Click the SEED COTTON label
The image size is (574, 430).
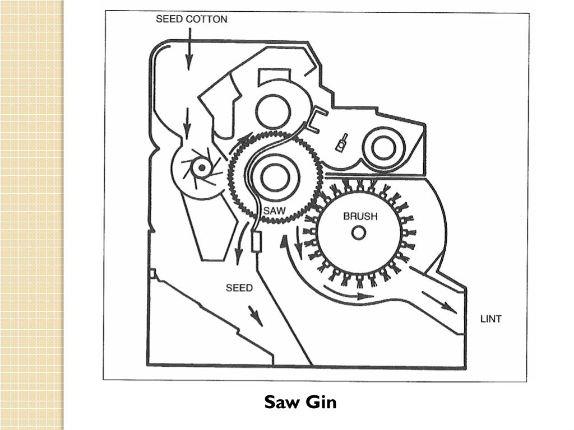coord(191,19)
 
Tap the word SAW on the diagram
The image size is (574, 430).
coord(275,211)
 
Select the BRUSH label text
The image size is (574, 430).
coord(360,216)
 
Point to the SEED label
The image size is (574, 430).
coord(239,288)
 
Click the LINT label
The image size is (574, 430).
coord(491,319)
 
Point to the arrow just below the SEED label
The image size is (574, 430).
coord(255,316)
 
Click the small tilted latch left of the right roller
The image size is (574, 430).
coord(341,143)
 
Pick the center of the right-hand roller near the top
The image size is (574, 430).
coord(382,148)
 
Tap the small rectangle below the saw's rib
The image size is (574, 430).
coord(257,242)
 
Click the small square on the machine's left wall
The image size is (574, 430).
coord(152,273)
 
